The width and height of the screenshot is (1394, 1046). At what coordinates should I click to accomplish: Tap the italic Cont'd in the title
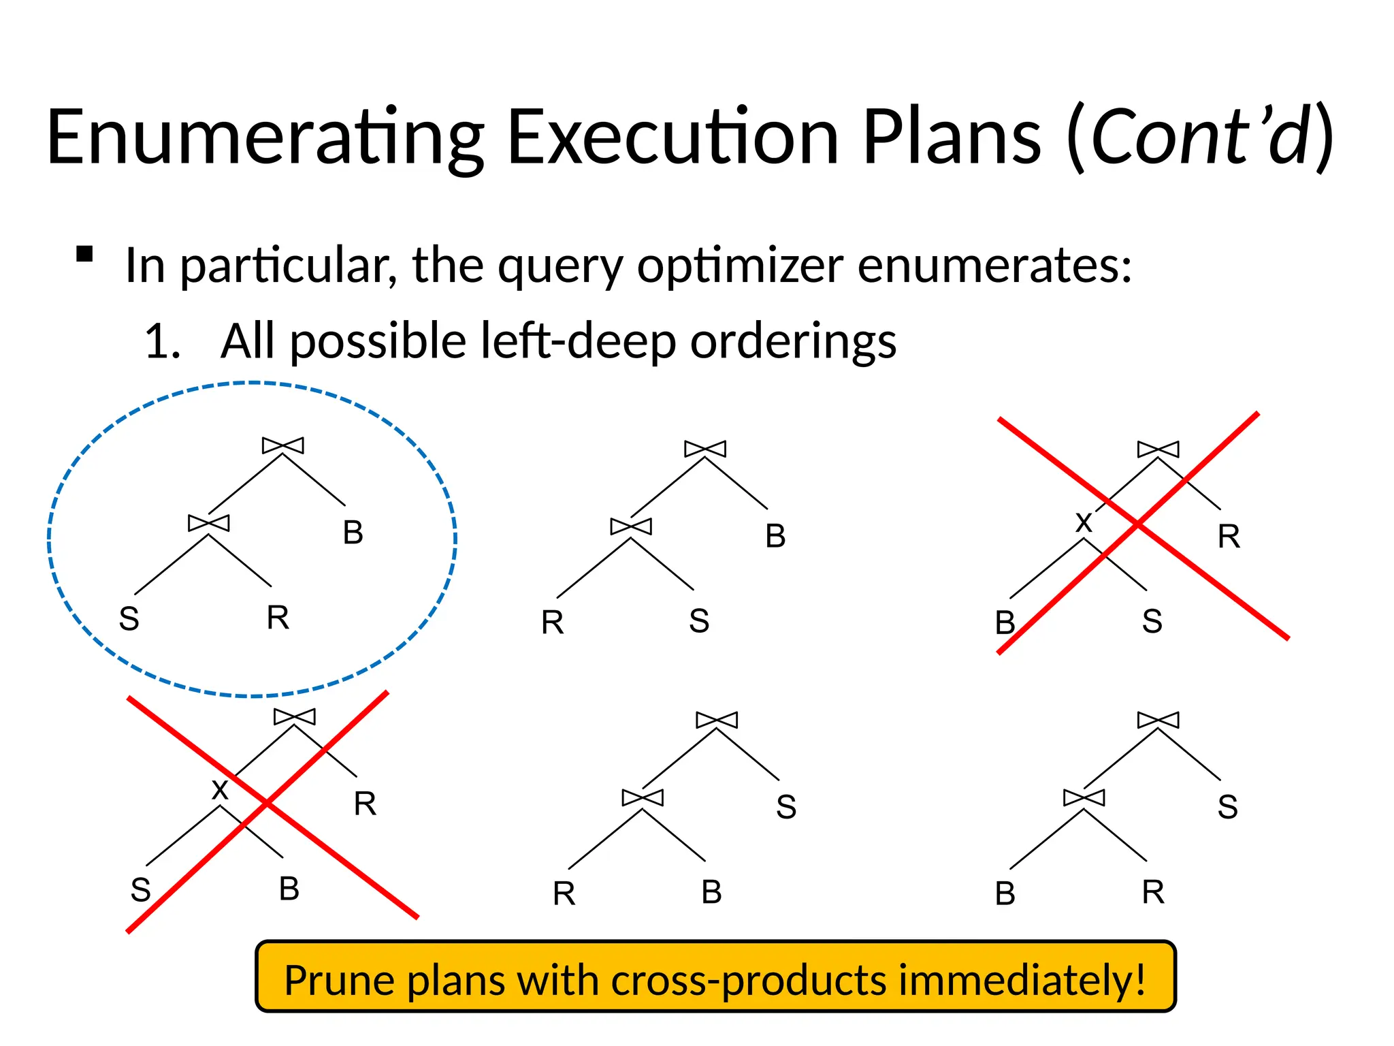1200,138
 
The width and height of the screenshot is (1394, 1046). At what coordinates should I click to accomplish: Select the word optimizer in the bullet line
740,265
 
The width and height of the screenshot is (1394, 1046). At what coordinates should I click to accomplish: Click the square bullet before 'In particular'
84,255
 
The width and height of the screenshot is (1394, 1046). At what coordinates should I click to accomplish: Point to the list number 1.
162,341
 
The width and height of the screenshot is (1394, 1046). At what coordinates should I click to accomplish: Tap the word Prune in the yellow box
338,980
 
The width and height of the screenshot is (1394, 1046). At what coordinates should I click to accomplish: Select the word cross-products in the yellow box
748,980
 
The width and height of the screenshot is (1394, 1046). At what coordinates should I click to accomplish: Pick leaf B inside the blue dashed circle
353,533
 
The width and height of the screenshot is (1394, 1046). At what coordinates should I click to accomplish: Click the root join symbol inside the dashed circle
283,446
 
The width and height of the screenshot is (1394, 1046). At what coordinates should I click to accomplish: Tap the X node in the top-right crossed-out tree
1084,523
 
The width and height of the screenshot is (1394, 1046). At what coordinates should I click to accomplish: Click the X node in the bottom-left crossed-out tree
220,790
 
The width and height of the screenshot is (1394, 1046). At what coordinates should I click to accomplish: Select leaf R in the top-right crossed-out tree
1229,537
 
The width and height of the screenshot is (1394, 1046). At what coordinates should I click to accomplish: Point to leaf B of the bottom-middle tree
711,892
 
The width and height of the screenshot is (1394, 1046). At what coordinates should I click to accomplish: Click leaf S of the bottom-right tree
1227,807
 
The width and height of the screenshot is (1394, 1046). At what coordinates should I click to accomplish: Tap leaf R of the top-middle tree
552,622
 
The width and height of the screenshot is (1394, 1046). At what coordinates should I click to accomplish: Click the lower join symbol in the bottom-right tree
1084,797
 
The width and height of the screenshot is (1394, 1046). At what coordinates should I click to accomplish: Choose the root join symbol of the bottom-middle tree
717,720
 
